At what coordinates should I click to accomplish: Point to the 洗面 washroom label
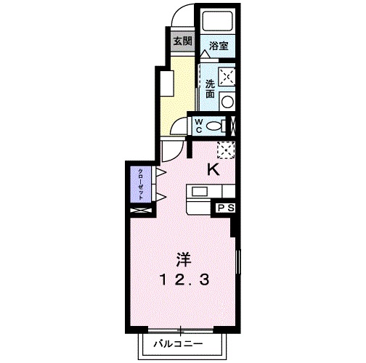[209, 87]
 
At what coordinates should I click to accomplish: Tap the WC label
[197, 125]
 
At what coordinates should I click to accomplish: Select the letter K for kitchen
[213, 170]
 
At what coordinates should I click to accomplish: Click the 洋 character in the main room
[182, 257]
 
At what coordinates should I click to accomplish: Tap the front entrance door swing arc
[184, 16]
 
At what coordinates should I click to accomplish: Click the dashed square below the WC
[225, 150]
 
